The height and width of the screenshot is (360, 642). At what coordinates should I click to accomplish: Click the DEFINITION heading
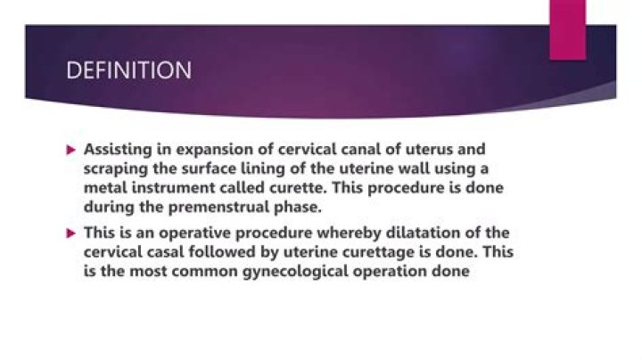pyautogui.click(x=129, y=70)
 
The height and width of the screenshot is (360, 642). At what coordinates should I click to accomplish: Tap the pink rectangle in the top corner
pyautogui.click(x=567, y=29)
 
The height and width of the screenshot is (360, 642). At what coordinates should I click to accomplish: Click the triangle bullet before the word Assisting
pyautogui.click(x=73, y=150)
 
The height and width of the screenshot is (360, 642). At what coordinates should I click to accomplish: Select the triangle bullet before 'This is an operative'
pyautogui.click(x=73, y=234)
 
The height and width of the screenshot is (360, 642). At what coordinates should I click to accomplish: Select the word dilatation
pyautogui.click(x=411, y=234)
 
